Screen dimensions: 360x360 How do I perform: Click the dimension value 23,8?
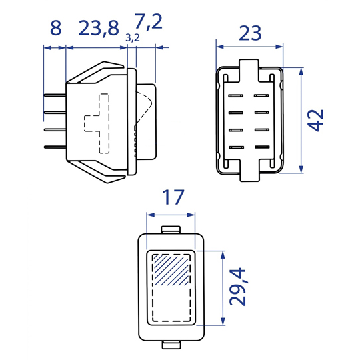point(99,29)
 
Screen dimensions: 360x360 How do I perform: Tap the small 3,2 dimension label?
point(133,38)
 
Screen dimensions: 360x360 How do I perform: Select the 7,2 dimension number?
point(148,22)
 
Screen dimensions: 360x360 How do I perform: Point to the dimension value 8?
point(56,28)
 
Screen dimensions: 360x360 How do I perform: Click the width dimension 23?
point(250,33)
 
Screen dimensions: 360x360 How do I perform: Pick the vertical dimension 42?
point(315,120)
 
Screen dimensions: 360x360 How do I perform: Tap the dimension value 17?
point(173,197)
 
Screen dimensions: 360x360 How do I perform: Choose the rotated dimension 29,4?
point(238,287)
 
